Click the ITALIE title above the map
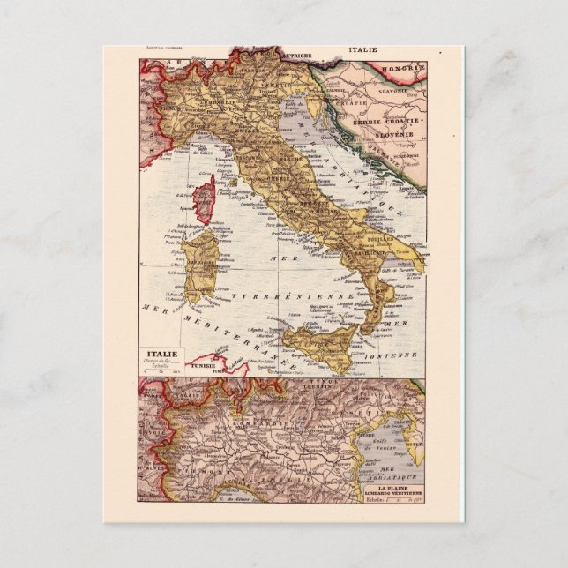362,50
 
